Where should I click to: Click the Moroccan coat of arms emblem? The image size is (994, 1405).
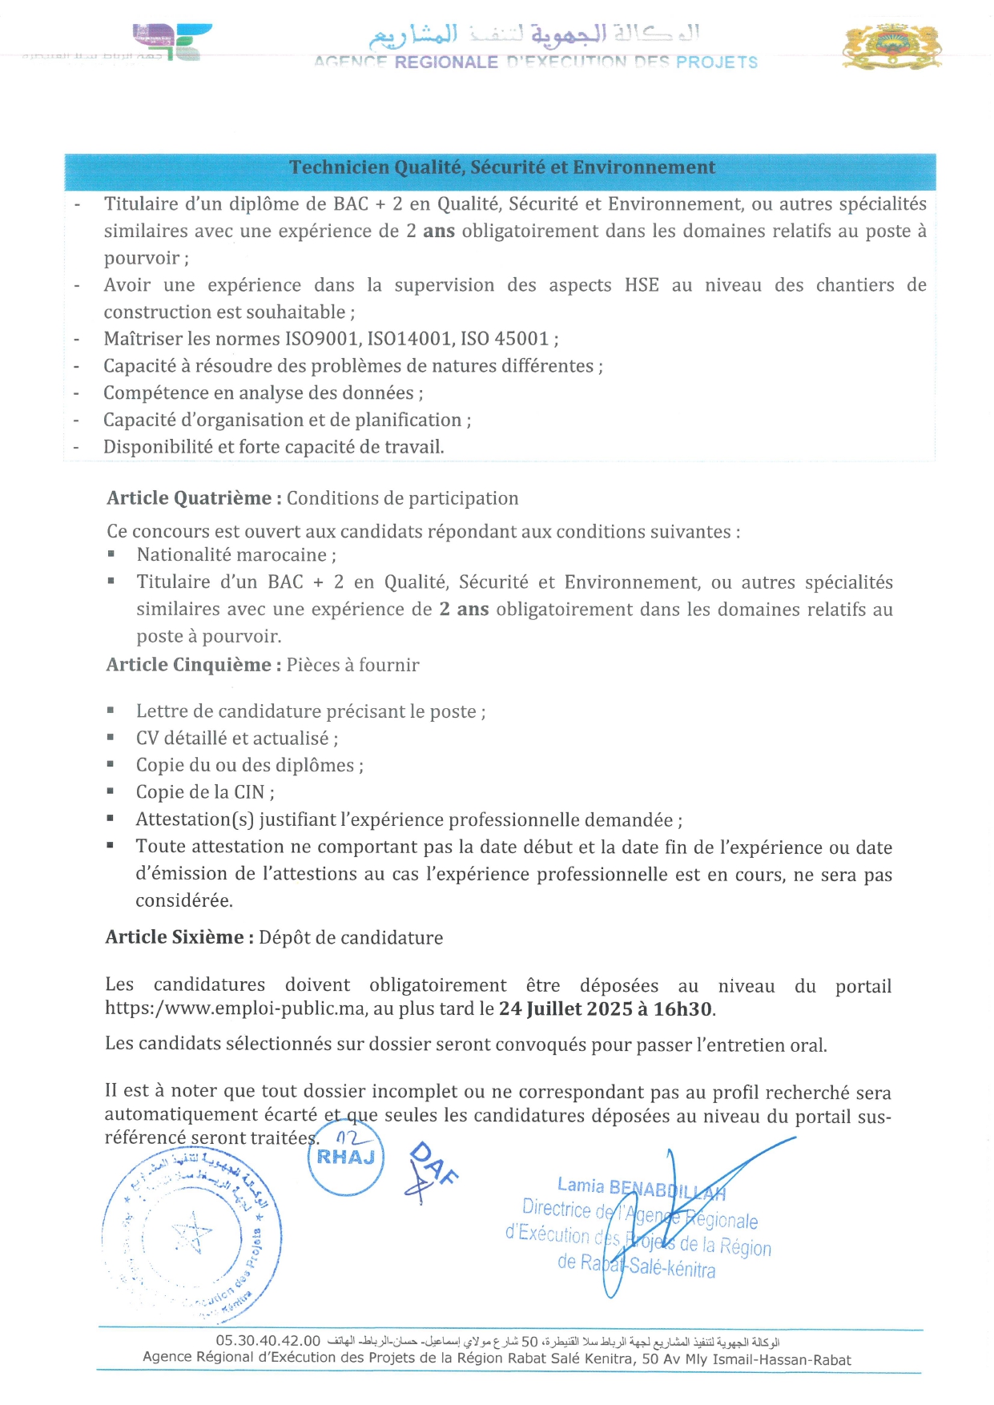pyautogui.click(x=891, y=46)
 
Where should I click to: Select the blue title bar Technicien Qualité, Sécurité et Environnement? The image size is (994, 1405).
pyautogui.click(x=501, y=167)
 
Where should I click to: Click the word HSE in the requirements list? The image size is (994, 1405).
pyautogui.click(x=642, y=285)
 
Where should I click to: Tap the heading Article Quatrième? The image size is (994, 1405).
pyautogui.click(x=193, y=498)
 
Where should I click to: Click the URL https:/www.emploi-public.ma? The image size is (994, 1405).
pyautogui.click(x=235, y=1008)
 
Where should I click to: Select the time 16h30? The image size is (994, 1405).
pyautogui.click(x=682, y=1009)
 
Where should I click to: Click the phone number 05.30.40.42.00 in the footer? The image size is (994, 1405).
pyautogui.click(x=268, y=1341)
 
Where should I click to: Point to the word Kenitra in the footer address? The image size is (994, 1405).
pyautogui.click(x=612, y=1359)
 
